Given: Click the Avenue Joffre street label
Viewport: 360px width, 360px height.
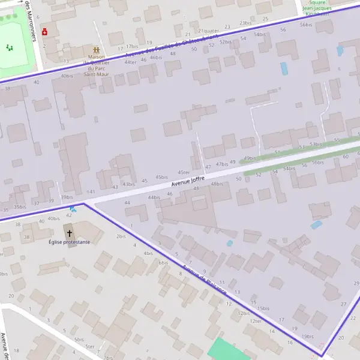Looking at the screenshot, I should coord(188,181).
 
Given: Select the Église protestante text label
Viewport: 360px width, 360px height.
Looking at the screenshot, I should coord(70,242).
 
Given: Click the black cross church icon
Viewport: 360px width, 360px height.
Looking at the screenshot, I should coord(69,232).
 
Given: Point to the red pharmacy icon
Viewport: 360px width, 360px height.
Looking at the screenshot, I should coord(44,31).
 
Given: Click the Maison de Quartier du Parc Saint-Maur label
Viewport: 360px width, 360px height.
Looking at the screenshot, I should coord(96,66).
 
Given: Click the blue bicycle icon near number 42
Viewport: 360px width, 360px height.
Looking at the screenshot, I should coord(73,209).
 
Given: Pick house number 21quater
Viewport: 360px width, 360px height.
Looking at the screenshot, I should coord(208,31).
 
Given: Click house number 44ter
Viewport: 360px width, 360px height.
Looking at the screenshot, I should coord(130,62).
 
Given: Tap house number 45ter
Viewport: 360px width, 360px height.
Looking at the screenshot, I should coord(184,172).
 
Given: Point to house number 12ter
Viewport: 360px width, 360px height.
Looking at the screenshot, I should coord(256,321).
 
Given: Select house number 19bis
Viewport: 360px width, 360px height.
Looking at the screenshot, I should coord(308,337).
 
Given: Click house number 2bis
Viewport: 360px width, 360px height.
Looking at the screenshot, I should coord(121,236).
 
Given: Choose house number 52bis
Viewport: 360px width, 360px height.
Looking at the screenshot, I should coord(226,42).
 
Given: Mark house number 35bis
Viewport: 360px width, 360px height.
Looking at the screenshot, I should coord(20,207).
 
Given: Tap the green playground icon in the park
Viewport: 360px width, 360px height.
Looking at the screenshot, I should coord(9,47).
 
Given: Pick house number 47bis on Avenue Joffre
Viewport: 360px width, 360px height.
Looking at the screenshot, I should coord(222,164).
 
